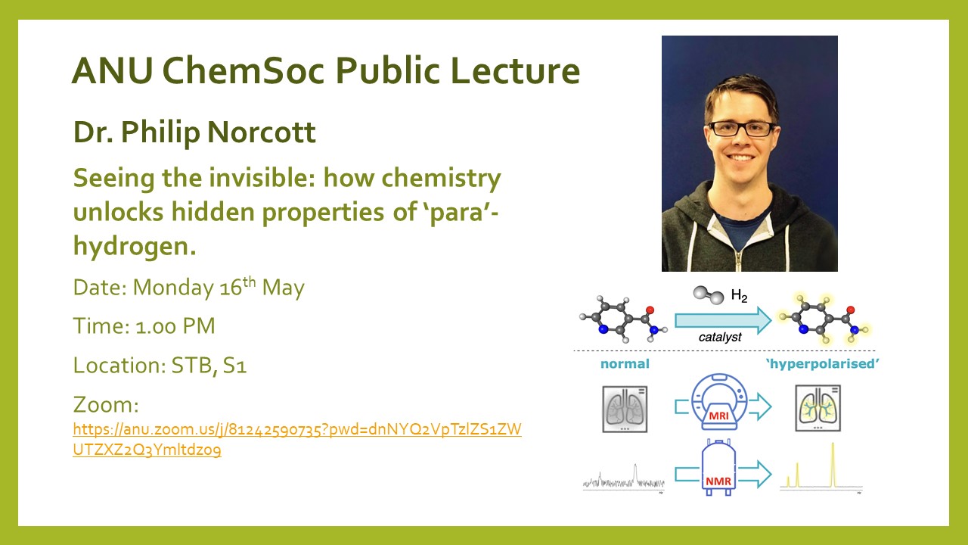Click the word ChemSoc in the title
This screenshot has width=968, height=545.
(x=243, y=70)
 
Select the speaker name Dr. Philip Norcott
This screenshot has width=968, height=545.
(x=194, y=132)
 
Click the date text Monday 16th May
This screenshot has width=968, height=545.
(x=219, y=286)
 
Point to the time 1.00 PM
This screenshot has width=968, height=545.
(x=175, y=326)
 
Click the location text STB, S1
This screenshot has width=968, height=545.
(x=209, y=366)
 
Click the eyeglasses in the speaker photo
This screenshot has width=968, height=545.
(x=740, y=129)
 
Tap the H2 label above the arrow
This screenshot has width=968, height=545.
(x=739, y=296)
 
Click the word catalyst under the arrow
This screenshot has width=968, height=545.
(x=720, y=338)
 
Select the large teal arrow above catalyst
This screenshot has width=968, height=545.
(x=723, y=320)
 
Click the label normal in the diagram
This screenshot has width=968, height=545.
(x=625, y=364)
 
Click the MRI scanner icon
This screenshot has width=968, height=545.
(x=718, y=401)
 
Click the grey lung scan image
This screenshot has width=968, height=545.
(x=625, y=410)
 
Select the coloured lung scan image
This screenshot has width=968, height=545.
(x=818, y=408)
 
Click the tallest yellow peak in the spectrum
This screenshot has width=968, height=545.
(x=833, y=465)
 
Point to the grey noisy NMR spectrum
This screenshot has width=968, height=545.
(x=624, y=480)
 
